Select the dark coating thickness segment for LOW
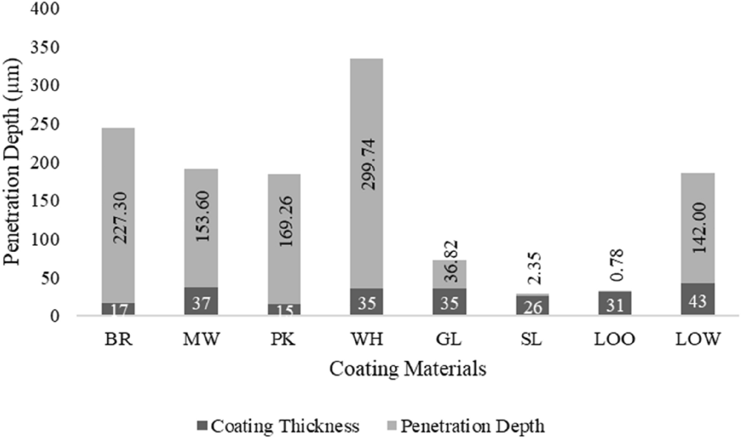click(x=698, y=299)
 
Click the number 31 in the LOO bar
click(x=615, y=305)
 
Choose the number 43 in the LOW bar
click(x=698, y=301)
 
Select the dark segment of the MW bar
click(x=201, y=301)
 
